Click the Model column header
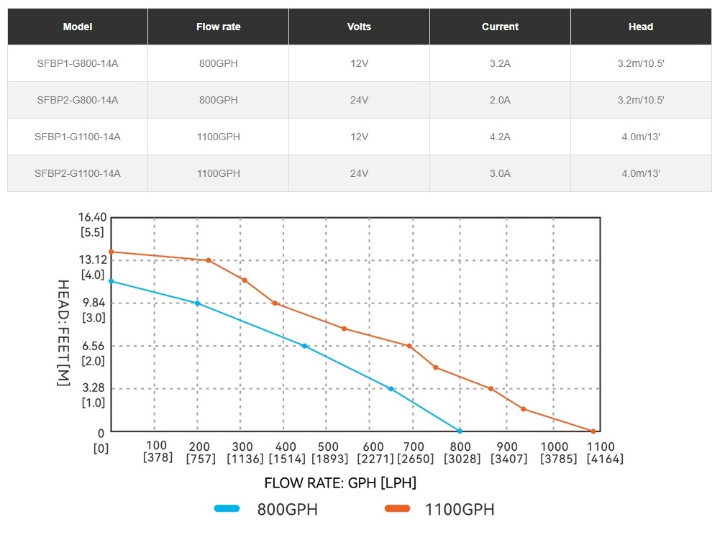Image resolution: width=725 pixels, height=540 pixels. click(x=78, y=27)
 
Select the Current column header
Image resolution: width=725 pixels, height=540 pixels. click(x=500, y=27)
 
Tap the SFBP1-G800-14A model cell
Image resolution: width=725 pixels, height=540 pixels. click(x=78, y=63)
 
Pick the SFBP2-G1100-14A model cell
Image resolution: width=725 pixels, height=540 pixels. click(x=78, y=173)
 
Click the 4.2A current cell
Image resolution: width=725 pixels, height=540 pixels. click(x=500, y=137)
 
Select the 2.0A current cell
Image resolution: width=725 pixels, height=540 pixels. click(x=500, y=100)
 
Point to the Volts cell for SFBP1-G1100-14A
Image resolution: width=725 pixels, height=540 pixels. click(x=359, y=137)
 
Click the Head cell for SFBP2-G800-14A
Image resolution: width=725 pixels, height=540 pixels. click(x=640, y=100)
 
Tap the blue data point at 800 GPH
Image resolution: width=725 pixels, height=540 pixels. click(x=460, y=431)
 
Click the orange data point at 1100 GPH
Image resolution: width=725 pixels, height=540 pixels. click(x=593, y=431)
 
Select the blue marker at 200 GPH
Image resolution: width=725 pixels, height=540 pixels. click(x=197, y=303)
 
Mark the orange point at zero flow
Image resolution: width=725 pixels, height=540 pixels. click(x=111, y=252)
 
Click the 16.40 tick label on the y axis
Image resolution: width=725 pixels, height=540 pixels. click(x=93, y=217)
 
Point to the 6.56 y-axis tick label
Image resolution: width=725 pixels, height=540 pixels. click(x=94, y=347)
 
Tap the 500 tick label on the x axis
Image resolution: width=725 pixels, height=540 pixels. click(x=329, y=447)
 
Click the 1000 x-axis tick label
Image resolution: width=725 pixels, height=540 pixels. click(x=553, y=447)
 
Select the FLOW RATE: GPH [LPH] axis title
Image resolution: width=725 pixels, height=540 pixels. click(x=340, y=482)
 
